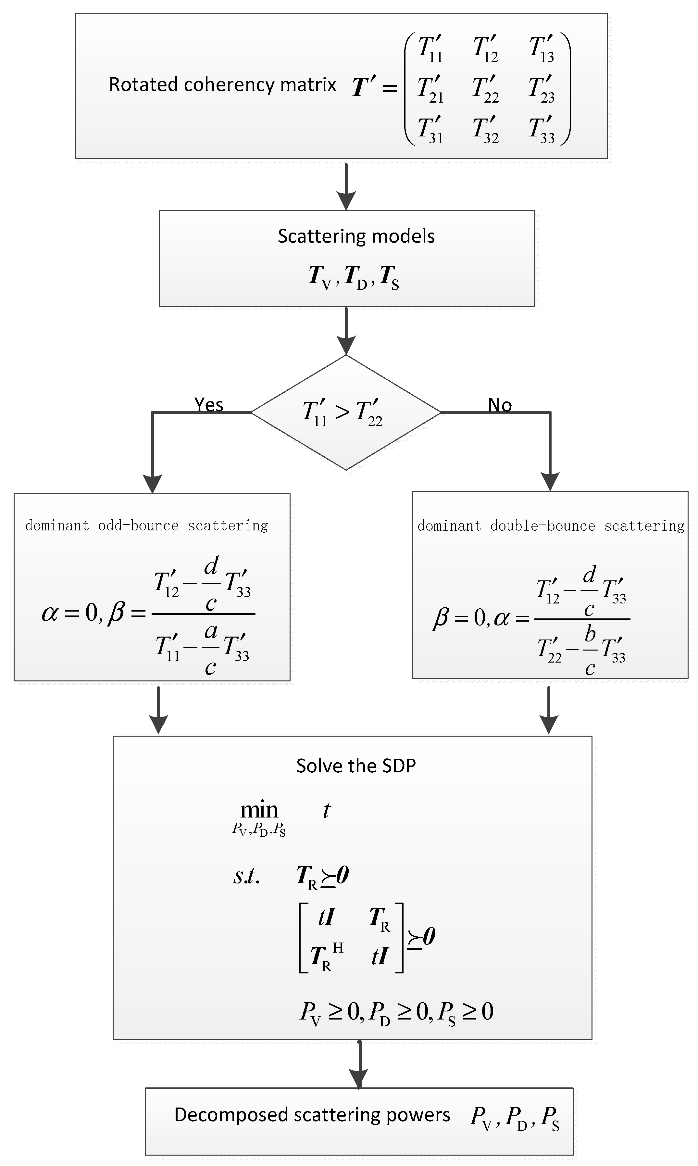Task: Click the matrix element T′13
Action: (x=542, y=49)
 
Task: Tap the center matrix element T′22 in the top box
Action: (x=485, y=89)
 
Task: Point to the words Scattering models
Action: (x=356, y=236)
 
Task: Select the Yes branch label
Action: (x=208, y=405)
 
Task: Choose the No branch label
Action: (x=500, y=405)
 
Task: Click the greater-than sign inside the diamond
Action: (x=343, y=412)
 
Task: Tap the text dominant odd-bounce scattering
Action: (x=147, y=526)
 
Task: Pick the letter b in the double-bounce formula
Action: (x=590, y=634)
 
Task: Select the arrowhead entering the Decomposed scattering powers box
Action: (x=358, y=1078)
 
